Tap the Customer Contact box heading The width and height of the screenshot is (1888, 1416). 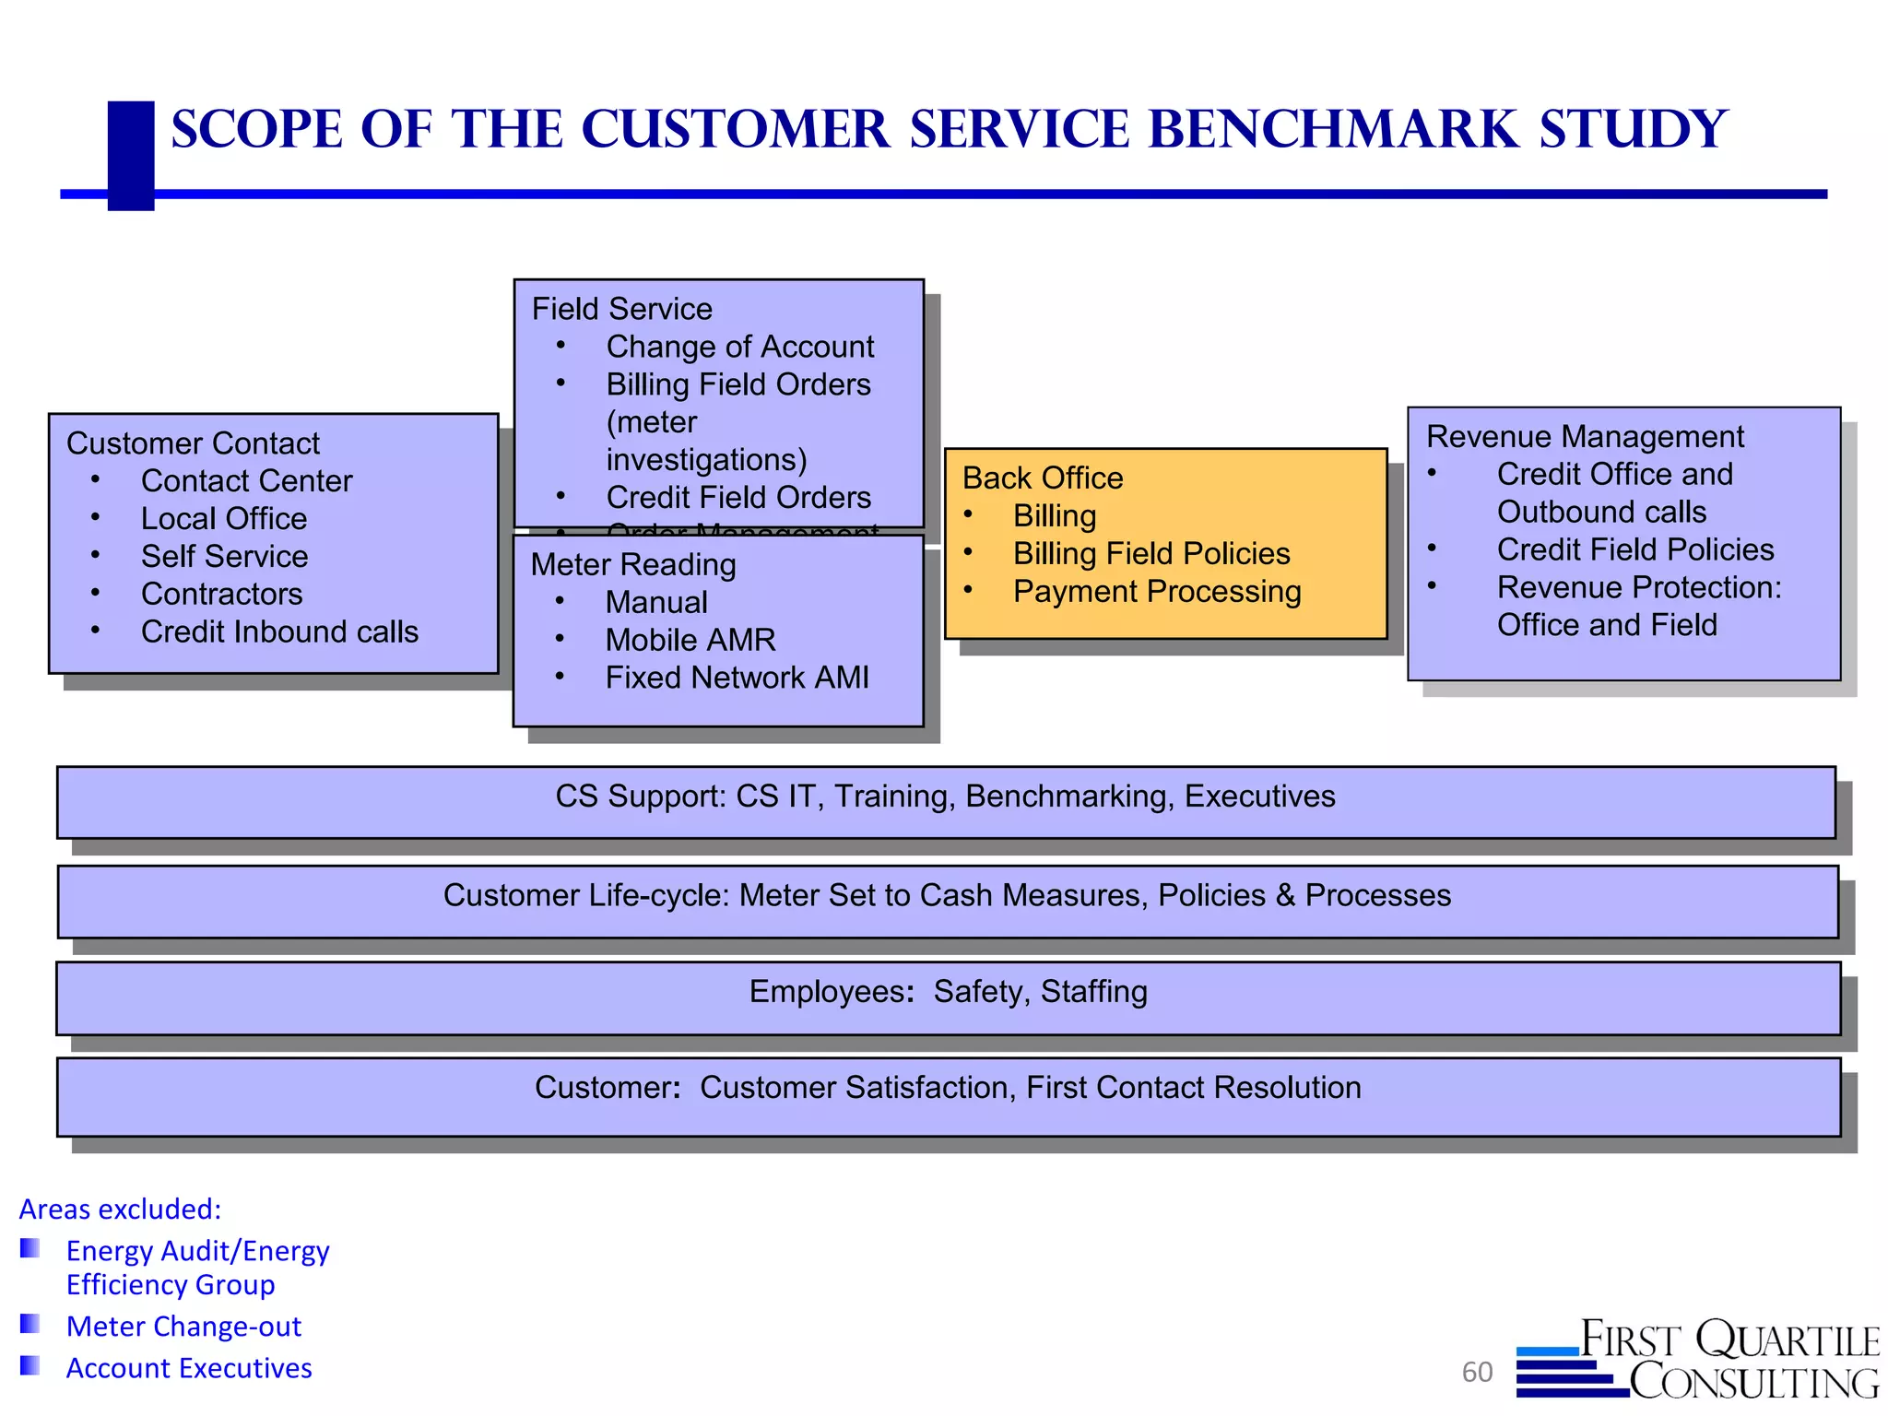pos(193,443)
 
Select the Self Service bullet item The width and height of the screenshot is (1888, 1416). pos(224,557)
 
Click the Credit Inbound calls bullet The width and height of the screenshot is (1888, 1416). pos(279,632)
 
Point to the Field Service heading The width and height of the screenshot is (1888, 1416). pos(622,309)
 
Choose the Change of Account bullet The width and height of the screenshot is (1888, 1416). pos(739,347)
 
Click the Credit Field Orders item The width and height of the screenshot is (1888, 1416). pos(737,498)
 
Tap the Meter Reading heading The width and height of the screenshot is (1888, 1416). pos(633,565)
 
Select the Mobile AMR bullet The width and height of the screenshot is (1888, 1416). pos(690,641)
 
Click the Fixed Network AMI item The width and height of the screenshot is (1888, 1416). pos(737,678)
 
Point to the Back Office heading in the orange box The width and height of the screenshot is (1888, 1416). pos(1043,478)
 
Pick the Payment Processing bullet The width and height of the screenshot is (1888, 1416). pos(1157,592)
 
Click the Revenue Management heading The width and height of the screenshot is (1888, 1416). pos(1585,437)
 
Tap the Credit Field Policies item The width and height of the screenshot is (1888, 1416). pos(1635,550)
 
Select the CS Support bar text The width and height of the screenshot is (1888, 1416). pos(945,796)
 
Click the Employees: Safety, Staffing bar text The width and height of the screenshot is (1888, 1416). pos(948,992)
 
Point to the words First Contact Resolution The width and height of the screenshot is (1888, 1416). pos(1193,1088)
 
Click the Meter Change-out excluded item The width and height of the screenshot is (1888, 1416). pos(183,1327)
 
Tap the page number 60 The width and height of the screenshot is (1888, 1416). pos(1477,1373)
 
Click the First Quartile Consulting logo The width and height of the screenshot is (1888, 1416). pos(1698,1360)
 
